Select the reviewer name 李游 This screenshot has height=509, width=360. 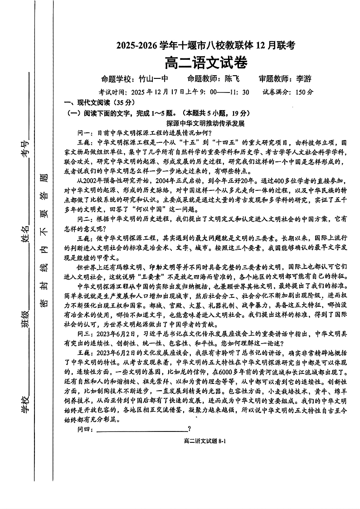coord(303,78)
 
